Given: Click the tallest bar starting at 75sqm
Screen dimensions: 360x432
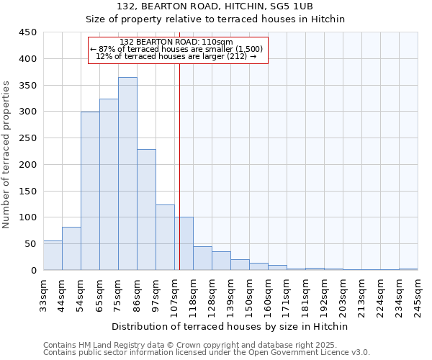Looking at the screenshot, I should [x=127, y=174].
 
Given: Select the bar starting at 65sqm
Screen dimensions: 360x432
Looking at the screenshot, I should [x=109, y=184].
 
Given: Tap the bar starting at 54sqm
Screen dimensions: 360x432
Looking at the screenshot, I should [x=90, y=191].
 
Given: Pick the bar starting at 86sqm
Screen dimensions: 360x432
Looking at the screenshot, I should [x=146, y=210].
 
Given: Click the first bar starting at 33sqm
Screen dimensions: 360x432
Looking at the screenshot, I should [x=53, y=256].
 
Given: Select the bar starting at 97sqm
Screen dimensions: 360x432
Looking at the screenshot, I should [x=165, y=238].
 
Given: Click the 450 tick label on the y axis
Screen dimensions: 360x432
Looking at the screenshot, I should [x=28, y=32].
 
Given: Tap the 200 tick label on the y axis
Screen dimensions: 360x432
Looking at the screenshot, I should [x=28, y=165].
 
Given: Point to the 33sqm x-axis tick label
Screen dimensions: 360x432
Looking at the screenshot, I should [x=44, y=294].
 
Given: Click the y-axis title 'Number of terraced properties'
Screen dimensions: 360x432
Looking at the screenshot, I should [x=6, y=155].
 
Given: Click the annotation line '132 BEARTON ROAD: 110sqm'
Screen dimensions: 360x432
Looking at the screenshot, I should [x=176, y=42].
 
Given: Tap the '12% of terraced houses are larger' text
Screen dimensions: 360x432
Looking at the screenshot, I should [x=176, y=56].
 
